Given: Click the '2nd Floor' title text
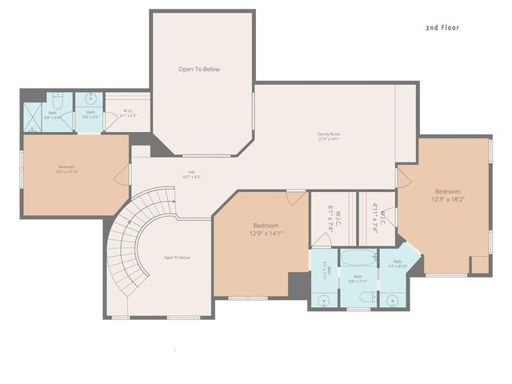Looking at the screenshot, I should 442,27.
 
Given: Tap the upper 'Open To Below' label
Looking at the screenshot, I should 198,70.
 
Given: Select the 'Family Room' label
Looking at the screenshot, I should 329,136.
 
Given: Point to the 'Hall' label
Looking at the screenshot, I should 191,174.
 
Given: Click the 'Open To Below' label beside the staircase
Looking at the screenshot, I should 177,258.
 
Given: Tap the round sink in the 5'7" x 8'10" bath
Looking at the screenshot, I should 392,300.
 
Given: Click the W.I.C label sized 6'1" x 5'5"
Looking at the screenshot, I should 128,114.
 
